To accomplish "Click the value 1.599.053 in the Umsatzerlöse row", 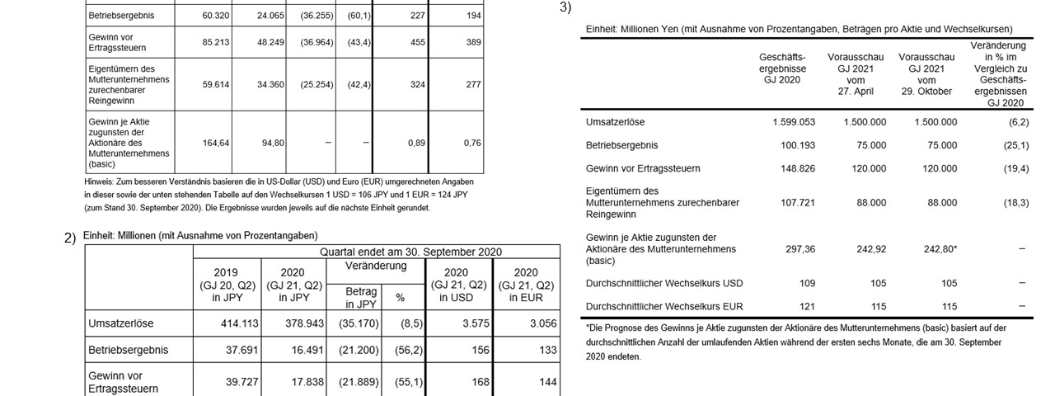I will (x=794, y=122).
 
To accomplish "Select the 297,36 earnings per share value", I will (x=796, y=248).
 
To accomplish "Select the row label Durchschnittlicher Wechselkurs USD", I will (x=663, y=284).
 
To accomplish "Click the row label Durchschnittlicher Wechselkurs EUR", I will (x=663, y=306).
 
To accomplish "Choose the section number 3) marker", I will (x=565, y=7).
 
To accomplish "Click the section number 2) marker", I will (x=71, y=238).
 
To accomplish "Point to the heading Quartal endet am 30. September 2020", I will (x=410, y=252).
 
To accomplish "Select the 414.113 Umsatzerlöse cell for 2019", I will (x=225, y=323).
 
